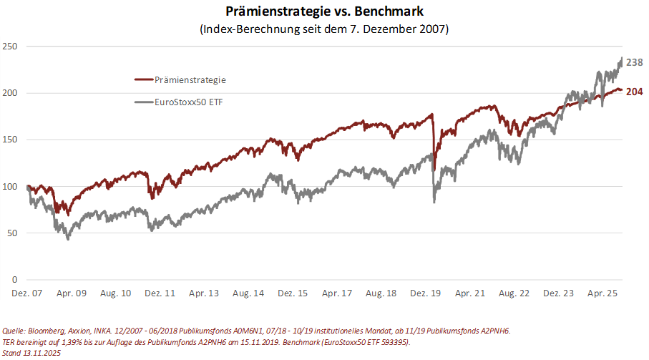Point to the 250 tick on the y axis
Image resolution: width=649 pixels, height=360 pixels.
click(11, 47)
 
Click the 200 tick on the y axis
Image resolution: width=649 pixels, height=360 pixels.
click(11, 93)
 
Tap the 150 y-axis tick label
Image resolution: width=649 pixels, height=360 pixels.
click(11, 140)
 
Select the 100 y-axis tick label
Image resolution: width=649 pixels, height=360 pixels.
click(11, 186)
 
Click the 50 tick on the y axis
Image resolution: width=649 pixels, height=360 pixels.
click(13, 233)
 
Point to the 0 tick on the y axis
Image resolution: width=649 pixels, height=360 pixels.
click(15, 279)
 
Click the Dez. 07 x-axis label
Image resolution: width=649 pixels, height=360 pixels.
click(27, 293)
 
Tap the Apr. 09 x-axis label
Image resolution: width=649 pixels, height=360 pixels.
click(72, 293)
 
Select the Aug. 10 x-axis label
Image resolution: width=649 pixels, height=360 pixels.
click(116, 293)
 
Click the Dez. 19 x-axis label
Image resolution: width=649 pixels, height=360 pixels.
click(425, 293)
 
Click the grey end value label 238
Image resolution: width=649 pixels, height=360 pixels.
click(635, 63)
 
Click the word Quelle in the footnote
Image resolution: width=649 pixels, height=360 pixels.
click(15, 331)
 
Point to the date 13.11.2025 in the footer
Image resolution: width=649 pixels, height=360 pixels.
click(42, 354)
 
